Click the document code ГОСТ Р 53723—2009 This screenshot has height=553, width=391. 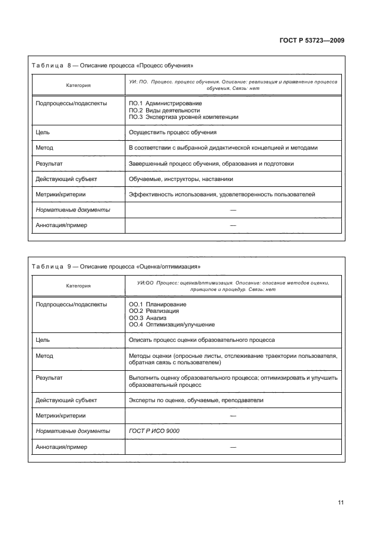point(312,41)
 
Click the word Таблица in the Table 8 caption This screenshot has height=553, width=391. point(46,65)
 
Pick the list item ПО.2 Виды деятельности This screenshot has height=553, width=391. point(164,111)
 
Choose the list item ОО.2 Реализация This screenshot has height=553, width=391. point(154,311)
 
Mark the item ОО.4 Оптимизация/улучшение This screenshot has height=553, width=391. point(172,325)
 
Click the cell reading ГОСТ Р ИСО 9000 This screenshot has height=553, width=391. point(154,431)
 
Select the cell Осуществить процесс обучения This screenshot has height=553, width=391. point(172,132)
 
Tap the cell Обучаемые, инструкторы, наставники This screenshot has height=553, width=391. point(180,179)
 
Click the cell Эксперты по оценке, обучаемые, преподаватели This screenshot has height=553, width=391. point(196,400)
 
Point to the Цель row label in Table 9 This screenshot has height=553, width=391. point(43,340)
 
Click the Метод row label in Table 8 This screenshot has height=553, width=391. point(44,148)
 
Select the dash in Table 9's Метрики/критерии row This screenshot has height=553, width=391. point(233,416)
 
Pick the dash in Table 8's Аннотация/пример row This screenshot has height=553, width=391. point(233,225)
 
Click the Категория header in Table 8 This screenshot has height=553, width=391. point(78,85)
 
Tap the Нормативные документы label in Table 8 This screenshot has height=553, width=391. point(73,210)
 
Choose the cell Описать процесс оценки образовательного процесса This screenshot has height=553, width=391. point(201,340)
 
